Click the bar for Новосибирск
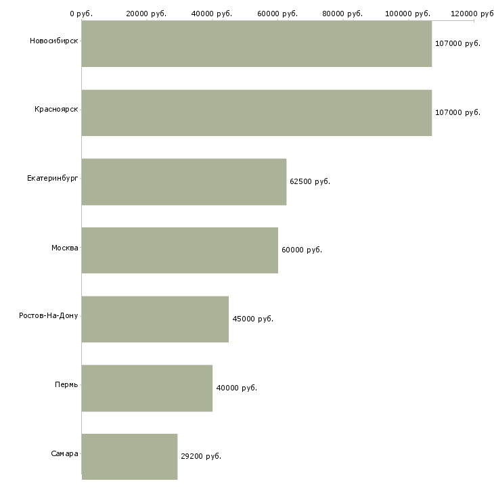[256, 44]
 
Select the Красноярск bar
[256, 113]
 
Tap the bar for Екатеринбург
[184, 182]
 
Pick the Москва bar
[180, 250]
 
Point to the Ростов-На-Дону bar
[156, 319]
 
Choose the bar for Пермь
[147, 388]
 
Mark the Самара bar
[129, 457]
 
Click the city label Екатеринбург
[52, 179]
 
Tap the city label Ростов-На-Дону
[49, 315]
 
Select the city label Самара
[64, 453]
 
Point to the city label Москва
[64, 248]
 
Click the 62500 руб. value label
[310, 182]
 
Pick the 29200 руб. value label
[201, 457]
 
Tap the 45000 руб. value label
[252, 319]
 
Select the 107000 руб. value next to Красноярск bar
[457, 113]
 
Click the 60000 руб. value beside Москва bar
[302, 250]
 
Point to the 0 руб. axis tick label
[81, 14]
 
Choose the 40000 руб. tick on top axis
[212, 14]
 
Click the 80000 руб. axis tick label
[342, 14]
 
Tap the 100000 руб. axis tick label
[407, 14]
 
